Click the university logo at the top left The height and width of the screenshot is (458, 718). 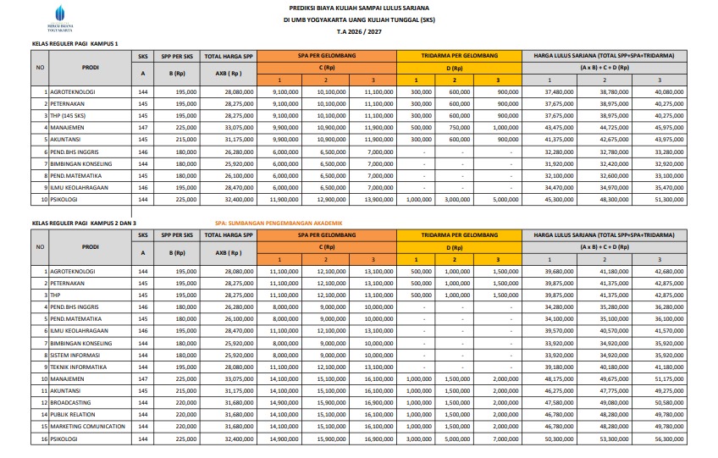pyautogui.click(x=58, y=14)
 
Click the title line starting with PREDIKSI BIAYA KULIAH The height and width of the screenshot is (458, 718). pyautogui.click(x=358, y=7)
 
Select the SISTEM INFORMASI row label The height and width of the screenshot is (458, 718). pyautogui.click(x=74, y=356)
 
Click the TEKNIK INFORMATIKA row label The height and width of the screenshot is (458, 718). pyautogui.click(x=78, y=367)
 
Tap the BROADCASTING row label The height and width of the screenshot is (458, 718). pyautogui.click(x=71, y=404)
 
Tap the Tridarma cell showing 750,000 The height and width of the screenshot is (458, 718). pyautogui.click(x=459, y=127)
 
